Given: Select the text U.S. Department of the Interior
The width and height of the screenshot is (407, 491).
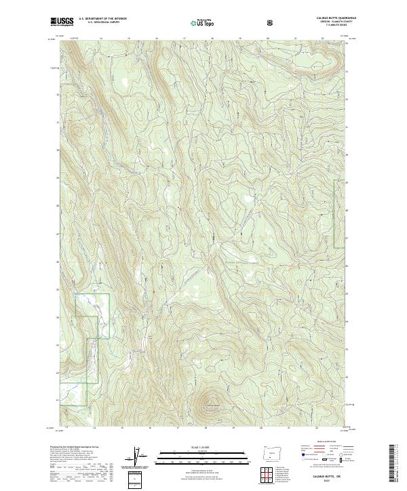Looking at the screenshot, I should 102,20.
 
